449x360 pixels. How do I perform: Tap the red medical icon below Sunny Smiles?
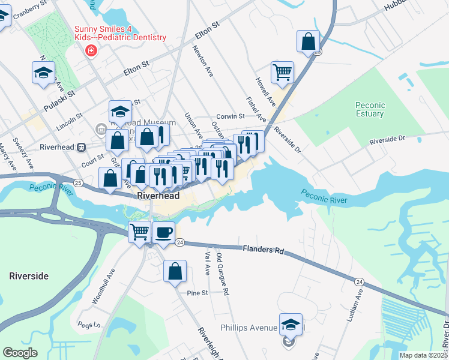(x=91, y=50)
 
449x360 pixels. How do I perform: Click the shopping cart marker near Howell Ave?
(x=282, y=73)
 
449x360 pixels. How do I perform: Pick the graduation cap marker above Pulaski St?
(x=43, y=73)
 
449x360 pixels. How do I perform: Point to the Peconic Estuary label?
(x=369, y=109)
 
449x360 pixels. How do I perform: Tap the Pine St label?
(x=197, y=293)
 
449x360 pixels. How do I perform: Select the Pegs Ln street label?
(x=87, y=325)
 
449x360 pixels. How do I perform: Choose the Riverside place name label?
(x=28, y=276)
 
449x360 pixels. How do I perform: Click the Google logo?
(x=20, y=353)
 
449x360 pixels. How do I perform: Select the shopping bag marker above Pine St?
(x=175, y=271)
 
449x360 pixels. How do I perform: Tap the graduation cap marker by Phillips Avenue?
(x=291, y=325)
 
